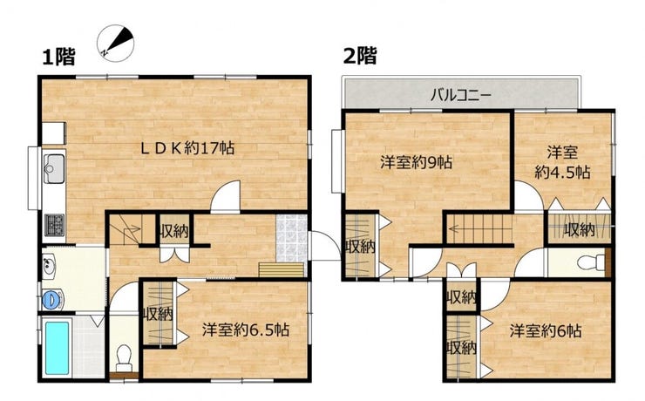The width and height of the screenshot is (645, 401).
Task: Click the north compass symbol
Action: (116, 44)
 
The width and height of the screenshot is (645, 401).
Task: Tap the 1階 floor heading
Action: (59, 57)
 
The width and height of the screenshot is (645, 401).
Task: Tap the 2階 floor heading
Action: (360, 56)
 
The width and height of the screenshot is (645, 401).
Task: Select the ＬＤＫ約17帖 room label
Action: (187, 147)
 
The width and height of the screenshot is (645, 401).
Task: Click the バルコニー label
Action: (461, 96)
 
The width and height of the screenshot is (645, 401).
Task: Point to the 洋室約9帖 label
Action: (417, 162)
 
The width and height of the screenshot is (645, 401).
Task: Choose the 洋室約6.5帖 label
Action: (246, 330)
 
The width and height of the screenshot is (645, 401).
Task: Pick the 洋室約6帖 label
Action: (546, 330)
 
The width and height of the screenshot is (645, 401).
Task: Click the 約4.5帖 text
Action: (563, 172)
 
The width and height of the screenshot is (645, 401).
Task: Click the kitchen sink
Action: (54, 168)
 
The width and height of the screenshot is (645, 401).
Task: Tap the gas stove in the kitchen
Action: (54, 225)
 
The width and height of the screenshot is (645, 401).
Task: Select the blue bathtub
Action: (58, 349)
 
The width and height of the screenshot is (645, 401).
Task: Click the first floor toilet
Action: (124, 357)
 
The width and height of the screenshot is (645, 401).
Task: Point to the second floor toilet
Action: (592, 262)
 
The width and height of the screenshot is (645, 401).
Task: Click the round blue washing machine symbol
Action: (51, 299)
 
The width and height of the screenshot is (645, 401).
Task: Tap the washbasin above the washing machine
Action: (50, 265)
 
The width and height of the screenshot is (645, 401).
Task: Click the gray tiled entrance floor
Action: (292, 238)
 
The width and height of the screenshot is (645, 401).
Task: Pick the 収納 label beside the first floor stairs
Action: (174, 232)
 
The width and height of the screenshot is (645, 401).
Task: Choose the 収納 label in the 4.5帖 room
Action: (579, 230)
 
